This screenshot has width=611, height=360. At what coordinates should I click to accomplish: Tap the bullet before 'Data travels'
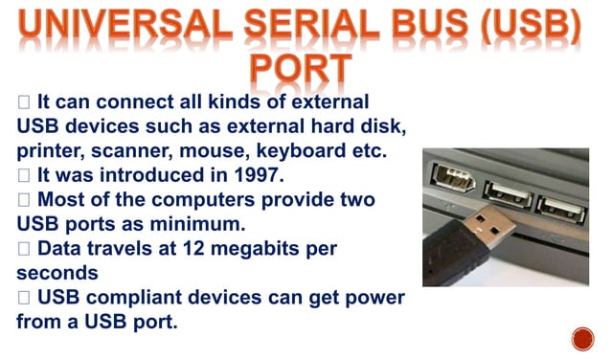point(24,250)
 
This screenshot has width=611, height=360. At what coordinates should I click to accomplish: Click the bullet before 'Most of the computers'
point(24,200)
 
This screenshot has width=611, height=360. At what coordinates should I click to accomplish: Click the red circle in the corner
point(582,338)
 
